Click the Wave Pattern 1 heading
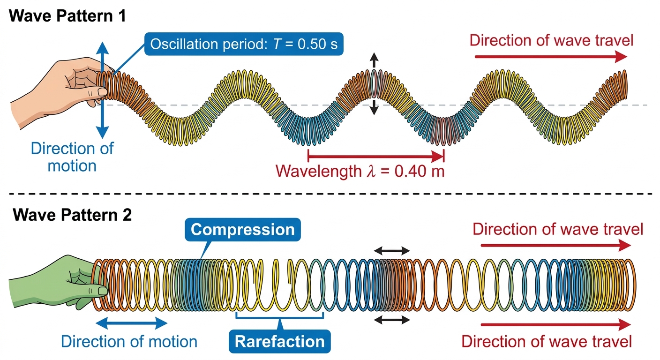pyautogui.click(x=67, y=16)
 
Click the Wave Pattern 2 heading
pyautogui.click(x=72, y=215)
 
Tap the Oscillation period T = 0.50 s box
pyautogui.click(x=244, y=44)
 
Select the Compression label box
pyautogui.click(x=243, y=230)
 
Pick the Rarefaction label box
pyautogui.click(x=280, y=341)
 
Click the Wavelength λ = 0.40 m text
pyautogui.click(x=360, y=171)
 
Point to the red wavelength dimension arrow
pyautogui.click(x=376, y=156)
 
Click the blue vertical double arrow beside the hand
pyautogui.click(x=103, y=90)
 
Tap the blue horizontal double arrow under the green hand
pyautogui.click(x=132, y=323)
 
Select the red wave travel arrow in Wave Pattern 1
pyautogui.click(x=551, y=57)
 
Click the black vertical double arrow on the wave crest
pyautogui.click(x=374, y=83)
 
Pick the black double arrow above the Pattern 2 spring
pyautogui.click(x=392, y=251)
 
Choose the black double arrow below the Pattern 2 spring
pyautogui.click(x=392, y=320)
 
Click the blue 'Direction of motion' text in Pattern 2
pyautogui.click(x=129, y=342)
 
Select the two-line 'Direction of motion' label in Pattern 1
pyautogui.click(x=72, y=157)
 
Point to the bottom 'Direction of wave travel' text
pyautogui.click(x=547, y=342)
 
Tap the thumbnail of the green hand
pyautogui.click(x=103, y=291)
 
